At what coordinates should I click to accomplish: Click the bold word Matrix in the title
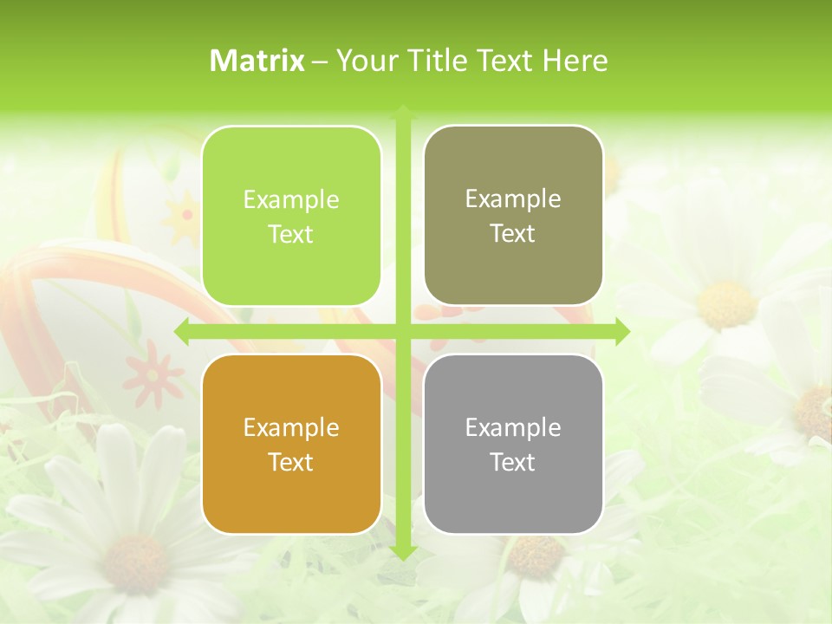click(257, 61)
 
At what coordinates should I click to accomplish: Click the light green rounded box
click(291, 216)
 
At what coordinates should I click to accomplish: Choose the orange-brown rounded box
click(291, 444)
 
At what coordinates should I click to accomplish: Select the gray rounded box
click(513, 444)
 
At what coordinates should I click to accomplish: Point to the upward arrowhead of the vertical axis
click(403, 112)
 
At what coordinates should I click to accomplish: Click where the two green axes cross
click(403, 331)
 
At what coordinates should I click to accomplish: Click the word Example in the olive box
click(513, 198)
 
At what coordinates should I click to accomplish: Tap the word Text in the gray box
click(513, 462)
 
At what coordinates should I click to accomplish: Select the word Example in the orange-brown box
click(291, 427)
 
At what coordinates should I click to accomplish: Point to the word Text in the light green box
click(291, 234)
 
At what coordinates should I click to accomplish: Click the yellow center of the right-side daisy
click(726, 304)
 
